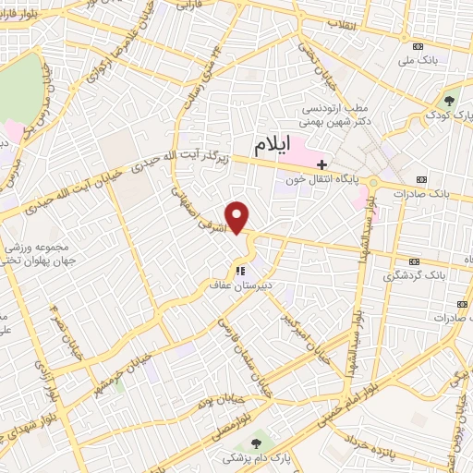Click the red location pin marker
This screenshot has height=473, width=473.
[238, 217]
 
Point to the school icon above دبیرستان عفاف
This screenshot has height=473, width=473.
[239, 271]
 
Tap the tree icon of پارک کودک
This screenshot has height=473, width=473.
[451, 101]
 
